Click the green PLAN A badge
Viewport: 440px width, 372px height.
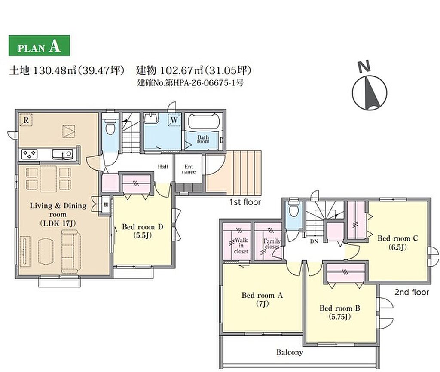point(39,45)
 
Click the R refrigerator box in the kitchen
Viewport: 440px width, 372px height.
point(26,120)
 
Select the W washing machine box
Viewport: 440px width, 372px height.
point(174,120)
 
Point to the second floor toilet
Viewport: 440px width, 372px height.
point(293,209)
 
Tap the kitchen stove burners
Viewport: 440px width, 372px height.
point(30,154)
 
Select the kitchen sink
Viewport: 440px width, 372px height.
point(62,154)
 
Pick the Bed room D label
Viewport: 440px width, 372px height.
point(143,231)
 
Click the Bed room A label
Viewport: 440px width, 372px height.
point(262,299)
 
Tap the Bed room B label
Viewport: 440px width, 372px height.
point(339,312)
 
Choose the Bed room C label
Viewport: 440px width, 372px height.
point(397,242)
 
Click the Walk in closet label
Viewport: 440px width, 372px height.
point(241,245)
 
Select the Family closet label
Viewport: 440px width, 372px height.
point(272,244)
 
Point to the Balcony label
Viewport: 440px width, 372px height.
point(290,352)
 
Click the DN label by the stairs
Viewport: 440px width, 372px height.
point(314,241)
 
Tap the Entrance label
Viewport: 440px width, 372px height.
point(189,169)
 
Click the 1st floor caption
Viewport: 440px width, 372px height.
point(245,202)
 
